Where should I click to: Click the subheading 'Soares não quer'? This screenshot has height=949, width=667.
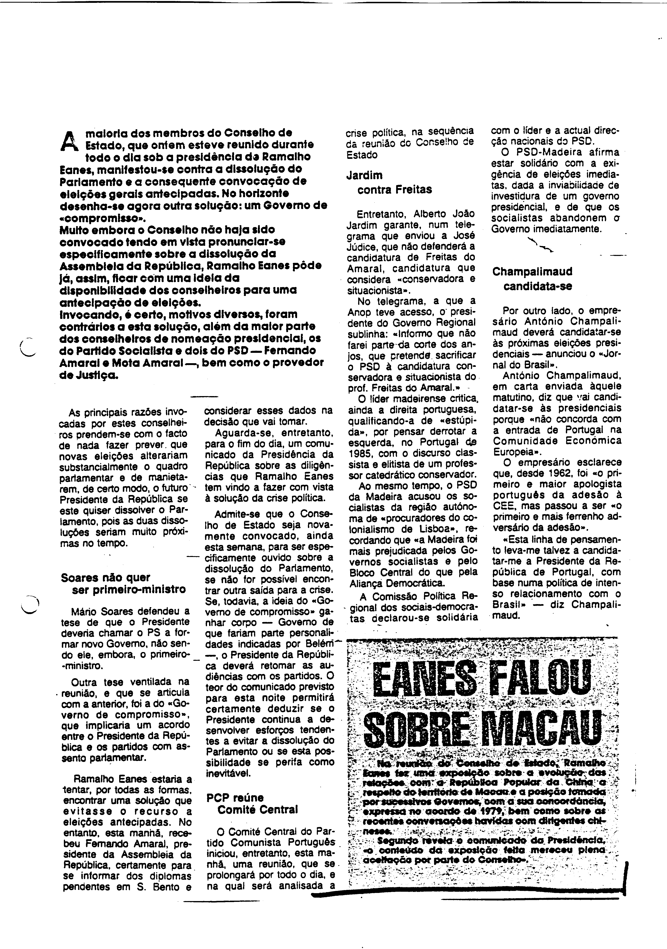coord(106,577)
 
